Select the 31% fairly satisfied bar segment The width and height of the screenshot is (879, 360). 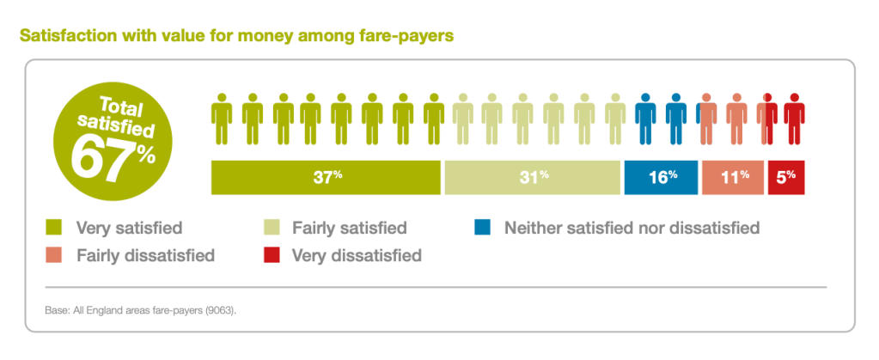pyautogui.click(x=532, y=177)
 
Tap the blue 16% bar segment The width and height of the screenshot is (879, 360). pyautogui.click(x=662, y=177)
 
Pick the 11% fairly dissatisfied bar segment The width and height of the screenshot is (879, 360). pyautogui.click(x=733, y=177)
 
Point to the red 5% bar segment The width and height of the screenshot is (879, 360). pyautogui.click(x=786, y=177)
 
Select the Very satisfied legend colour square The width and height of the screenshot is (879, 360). pyautogui.click(x=54, y=229)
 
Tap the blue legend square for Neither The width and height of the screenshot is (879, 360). pyautogui.click(x=482, y=229)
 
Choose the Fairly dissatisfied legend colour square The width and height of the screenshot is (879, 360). pyautogui.click(x=54, y=255)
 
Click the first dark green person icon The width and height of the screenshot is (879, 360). pyautogui.click(x=222, y=117)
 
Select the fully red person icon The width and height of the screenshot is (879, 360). pyautogui.click(x=795, y=117)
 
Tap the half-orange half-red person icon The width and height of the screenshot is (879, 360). pyautogui.click(x=767, y=117)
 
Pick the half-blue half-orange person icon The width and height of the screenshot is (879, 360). pyautogui.click(x=707, y=117)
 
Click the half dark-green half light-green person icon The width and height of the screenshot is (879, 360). pyautogui.click(x=434, y=117)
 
